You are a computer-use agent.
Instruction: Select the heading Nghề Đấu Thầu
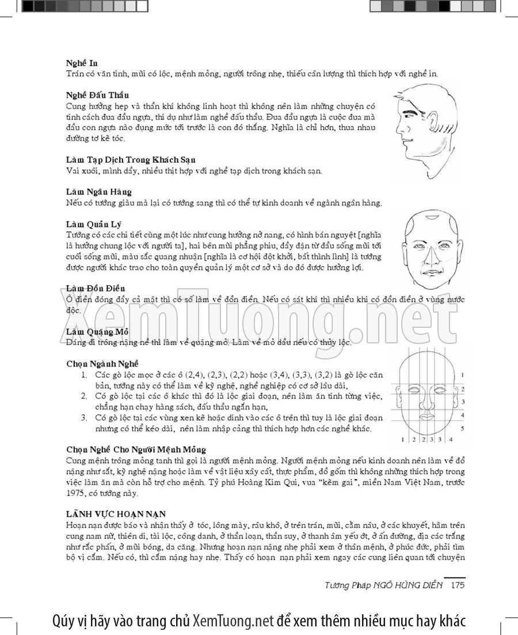97,95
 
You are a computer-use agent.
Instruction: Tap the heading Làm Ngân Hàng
98,192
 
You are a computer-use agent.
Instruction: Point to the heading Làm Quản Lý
93,224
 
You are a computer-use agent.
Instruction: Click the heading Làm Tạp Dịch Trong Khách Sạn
131,160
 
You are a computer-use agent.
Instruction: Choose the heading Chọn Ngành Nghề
102,364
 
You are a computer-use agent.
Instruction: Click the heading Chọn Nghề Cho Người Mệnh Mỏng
136,449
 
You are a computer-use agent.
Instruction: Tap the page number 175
458,586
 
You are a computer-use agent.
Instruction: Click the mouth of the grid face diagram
427,416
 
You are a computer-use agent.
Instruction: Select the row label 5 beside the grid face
462,429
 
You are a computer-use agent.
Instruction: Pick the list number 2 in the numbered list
83,396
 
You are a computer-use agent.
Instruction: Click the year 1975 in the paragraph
76,493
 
